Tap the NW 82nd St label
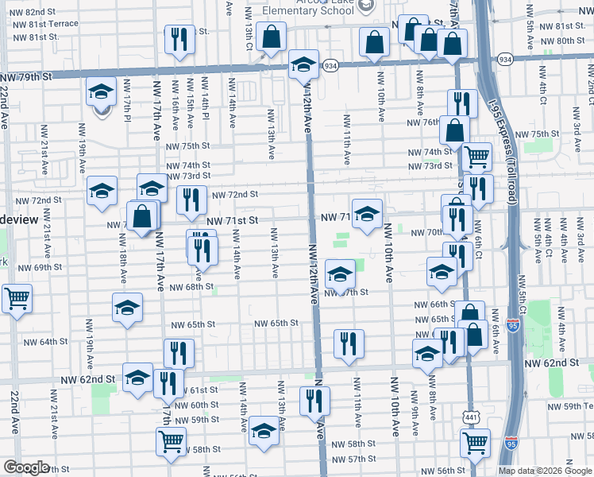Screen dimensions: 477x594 coord(35,13)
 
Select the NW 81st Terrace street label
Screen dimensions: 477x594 coord(45,25)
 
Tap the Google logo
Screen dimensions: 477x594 coord(26,467)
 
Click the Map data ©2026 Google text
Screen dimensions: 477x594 coord(545,470)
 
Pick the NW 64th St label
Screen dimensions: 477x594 coord(44,342)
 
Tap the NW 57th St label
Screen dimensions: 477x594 coord(353,460)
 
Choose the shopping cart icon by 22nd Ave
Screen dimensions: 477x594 coord(17,299)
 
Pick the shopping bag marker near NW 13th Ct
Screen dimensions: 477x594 coord(271,37)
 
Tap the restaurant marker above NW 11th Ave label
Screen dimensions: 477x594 coord(349,343)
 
